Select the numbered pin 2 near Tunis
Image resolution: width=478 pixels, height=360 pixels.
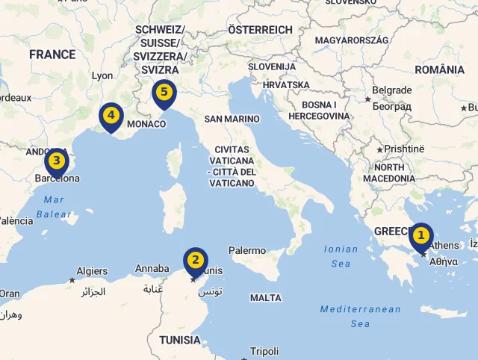(x=195, y=261)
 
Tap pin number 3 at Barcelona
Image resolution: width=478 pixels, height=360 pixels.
(x=56, y=161)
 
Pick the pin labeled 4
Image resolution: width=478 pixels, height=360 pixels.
(x=111, y=116)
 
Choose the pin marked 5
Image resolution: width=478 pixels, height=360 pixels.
(x=164, y=93)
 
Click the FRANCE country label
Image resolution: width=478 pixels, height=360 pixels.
(x=52, y=55)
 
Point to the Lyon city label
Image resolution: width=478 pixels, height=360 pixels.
(x=102, y=75)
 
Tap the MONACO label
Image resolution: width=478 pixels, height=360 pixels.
(x=146, y=124)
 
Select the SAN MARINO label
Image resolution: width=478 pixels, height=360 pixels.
(x=232, y=119)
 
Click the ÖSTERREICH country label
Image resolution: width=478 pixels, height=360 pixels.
(x=260, y=29)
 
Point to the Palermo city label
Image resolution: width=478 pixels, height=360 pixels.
(x=247, y=251)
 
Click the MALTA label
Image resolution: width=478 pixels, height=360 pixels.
(x=266, y=298)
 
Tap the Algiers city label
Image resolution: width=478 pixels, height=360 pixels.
(x=93, y=271)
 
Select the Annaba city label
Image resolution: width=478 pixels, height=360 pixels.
(x=152, y=269)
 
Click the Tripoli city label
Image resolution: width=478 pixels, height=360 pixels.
(x=264, y=351)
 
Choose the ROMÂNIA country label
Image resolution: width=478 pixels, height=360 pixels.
(x=439, y=69)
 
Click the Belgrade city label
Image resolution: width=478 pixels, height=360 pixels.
(x=392, y=90)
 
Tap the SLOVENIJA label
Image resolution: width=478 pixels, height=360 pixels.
(x=273, y=66)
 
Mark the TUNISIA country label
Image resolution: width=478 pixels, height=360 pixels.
(x=180, y=341)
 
